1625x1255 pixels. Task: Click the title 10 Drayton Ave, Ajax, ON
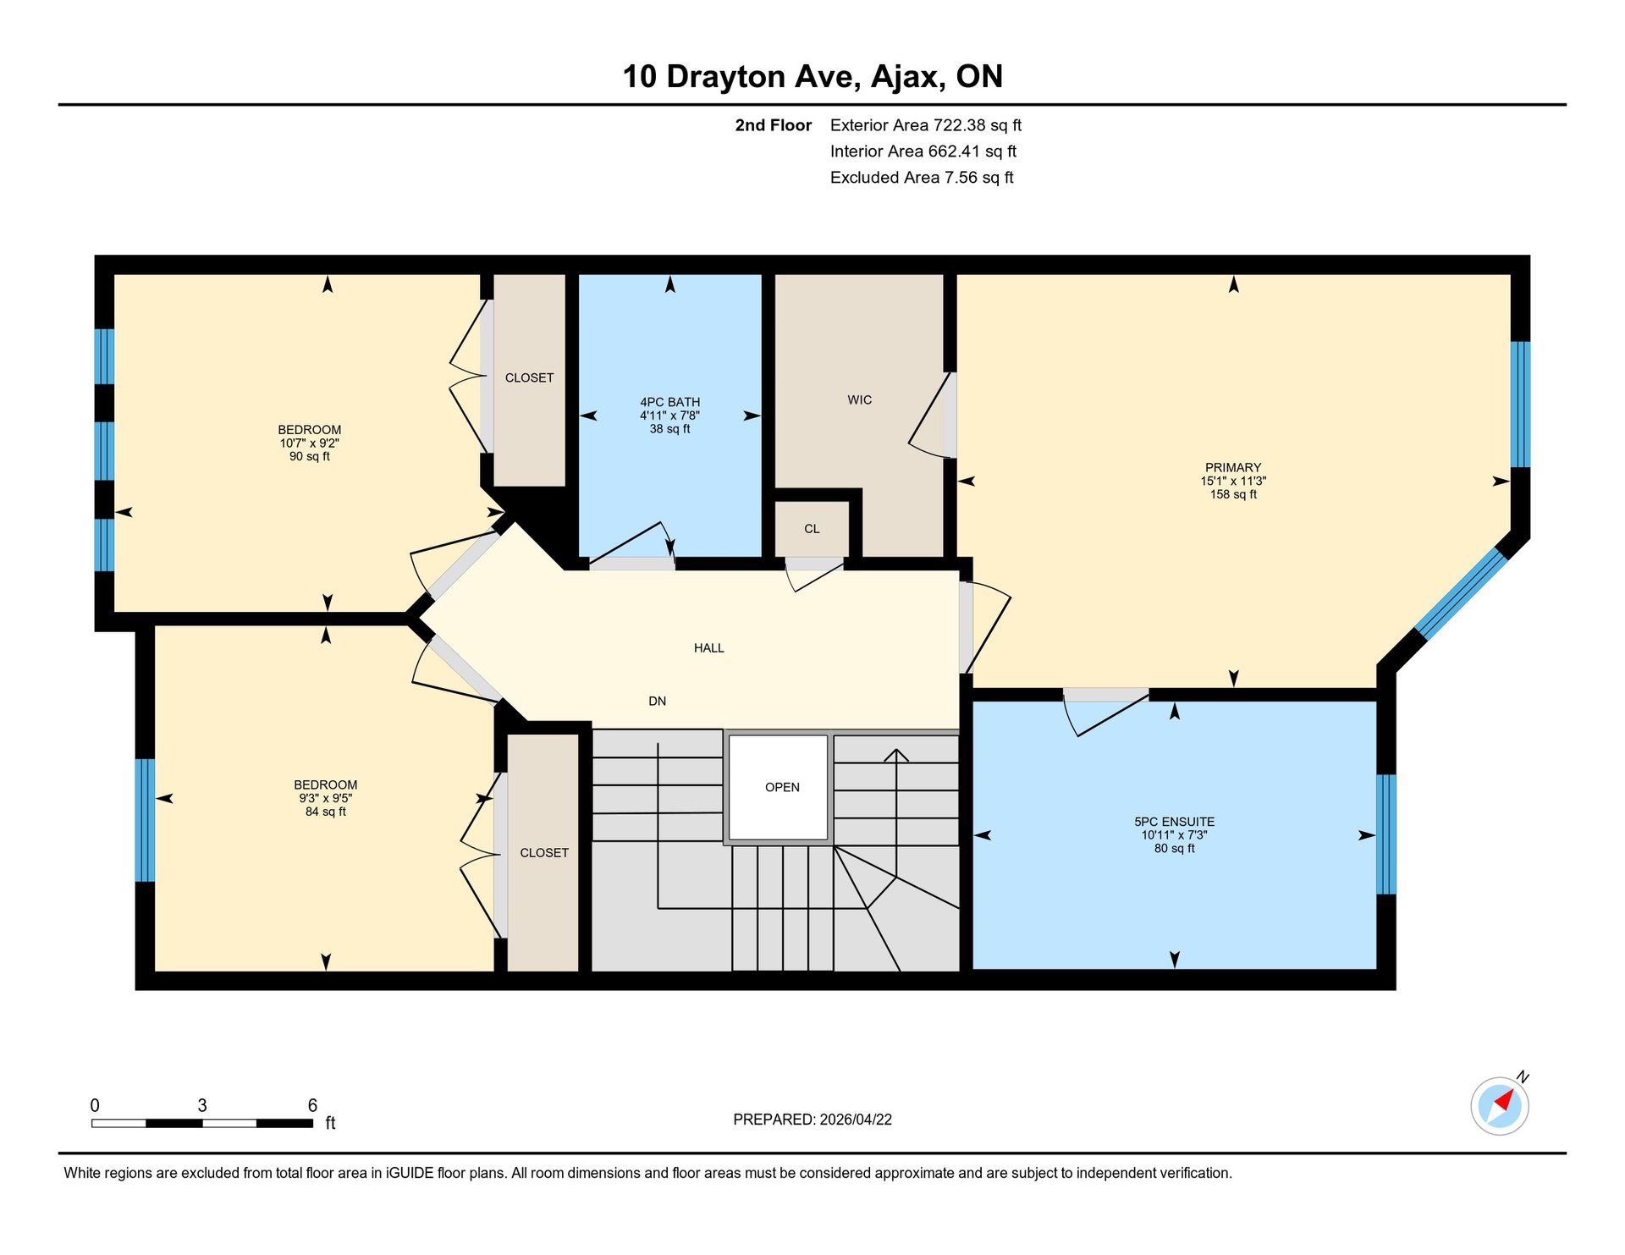click(812, 76)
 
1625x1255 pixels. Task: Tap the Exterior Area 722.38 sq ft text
click(926, 125)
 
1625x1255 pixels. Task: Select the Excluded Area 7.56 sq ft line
click(922, 178)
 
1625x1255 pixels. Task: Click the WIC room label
click(859, 399)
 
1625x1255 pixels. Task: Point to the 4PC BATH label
click(669, 402)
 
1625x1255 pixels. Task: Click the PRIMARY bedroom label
click(1233, 467)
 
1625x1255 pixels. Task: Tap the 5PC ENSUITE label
click(1174, 822)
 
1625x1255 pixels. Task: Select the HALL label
click(709, 648)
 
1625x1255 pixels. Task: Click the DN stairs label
click(658, 702)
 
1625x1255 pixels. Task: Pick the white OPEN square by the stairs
click(779, 787)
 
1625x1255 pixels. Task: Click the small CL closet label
click(812, 529)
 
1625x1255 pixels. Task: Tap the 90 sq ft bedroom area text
click(310, 456)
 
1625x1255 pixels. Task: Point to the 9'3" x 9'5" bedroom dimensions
click(326, 798)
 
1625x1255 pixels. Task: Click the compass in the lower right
click(1500, 1105)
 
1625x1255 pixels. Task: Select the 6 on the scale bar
click(312, 1105)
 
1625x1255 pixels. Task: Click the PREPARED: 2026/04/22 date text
click(812, 1120)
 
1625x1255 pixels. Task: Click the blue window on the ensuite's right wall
click(1386, 834)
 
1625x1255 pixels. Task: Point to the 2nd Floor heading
click(773, 125)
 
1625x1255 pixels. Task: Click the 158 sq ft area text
click(1233, 494)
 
